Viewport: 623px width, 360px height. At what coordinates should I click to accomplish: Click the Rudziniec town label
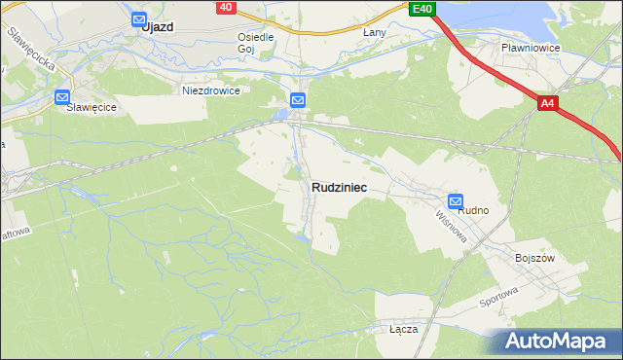pyautogui.click(x=339, y=188)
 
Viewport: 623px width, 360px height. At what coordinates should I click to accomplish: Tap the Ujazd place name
pyautogui.click(x=157, y=27)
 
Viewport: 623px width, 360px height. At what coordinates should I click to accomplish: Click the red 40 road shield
pyautogui.click(x=226, y=7)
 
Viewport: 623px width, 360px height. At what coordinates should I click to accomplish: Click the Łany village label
pyautogui.click(x=375, y=32)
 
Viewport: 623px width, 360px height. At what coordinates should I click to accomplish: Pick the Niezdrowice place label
pyautogui.click(x=210, y=90)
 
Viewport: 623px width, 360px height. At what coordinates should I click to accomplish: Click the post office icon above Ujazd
pyautogui.click(x=138, y=18)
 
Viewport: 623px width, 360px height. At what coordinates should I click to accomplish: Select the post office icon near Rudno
pyautogui.click(x=456, y=200)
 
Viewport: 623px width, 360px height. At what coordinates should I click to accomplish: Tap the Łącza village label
pyautogui.click(x=403, y=329)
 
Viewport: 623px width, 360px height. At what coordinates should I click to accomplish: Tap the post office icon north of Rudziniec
pyautogui.click(x=298, y=99)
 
